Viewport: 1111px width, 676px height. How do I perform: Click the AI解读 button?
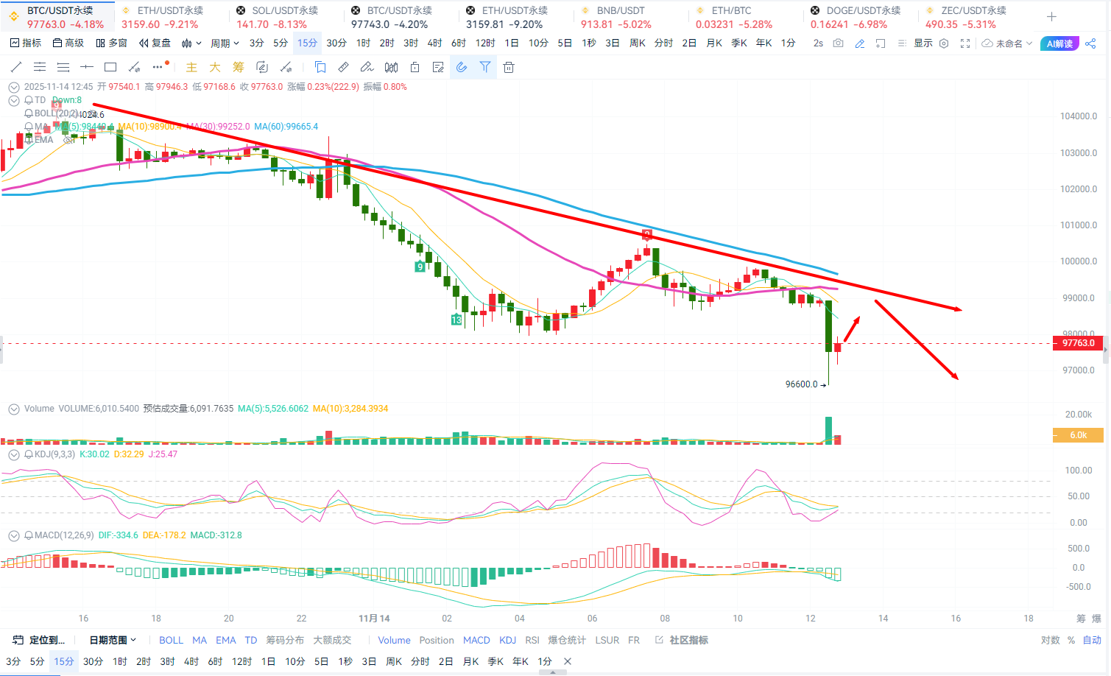[x=1059, y=43]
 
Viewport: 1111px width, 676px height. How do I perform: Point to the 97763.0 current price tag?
[x=1079, y=343]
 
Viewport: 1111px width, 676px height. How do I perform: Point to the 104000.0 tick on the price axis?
[x=1078, y=116]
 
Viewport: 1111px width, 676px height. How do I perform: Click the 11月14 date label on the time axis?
[x=374, y=619]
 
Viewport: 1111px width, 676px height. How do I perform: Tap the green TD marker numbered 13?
[x=456, y=320]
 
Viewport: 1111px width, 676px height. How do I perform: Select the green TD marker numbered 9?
[x=420, y=267]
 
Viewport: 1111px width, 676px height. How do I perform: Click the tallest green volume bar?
[x=829, y=430]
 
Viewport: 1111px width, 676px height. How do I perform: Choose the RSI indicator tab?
[x=532, y=641]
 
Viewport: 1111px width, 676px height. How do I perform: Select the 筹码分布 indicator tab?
[x=285, y=641]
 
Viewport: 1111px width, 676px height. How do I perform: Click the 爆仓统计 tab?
[x=567, y=641]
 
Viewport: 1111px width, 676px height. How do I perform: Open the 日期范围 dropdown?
[x=113, y=641]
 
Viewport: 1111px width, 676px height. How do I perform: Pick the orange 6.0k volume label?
[x=1079, y=435]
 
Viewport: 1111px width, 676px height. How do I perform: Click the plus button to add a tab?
[x=1051, y=17]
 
